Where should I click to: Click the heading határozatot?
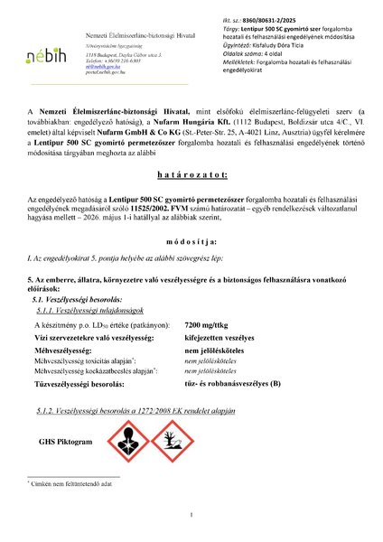pos(191,198)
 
